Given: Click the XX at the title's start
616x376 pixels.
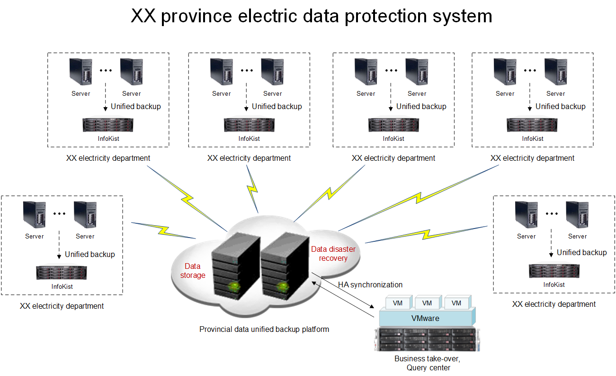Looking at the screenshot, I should point(143,17).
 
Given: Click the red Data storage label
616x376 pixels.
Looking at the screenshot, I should point(193,271).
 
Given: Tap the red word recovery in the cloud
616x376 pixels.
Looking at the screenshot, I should point(333,258).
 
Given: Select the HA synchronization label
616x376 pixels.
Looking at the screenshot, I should point(370,284).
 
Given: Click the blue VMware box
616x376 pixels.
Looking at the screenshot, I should point(425,318).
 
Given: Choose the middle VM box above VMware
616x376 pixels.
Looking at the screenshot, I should point(427,303).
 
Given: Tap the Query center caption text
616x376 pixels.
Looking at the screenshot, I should point(428,367).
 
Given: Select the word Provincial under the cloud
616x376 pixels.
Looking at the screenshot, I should point(216,329).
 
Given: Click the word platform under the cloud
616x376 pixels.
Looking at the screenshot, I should point(315,329).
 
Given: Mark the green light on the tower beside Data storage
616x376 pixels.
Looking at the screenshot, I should point(233,286).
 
